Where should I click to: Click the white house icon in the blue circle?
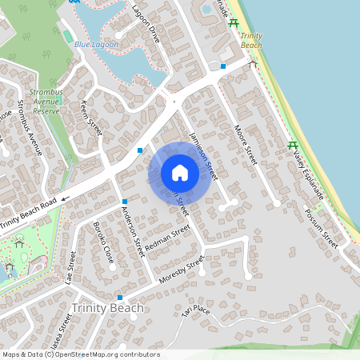(x=179, y=173)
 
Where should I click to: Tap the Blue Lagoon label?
(x=96, y=45)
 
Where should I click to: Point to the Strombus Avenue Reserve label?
(x=46, y=102)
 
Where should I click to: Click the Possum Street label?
(x=322, y=226)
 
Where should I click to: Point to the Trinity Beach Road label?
(x=29, y=214)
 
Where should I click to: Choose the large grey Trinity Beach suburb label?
(x=107, y=308)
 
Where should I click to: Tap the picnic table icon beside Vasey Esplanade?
(x=293, y=146)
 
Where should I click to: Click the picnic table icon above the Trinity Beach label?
(x=233, y=22)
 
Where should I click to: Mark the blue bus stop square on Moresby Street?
(x=119, y=297)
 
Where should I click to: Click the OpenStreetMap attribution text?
(x=80, y=354)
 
